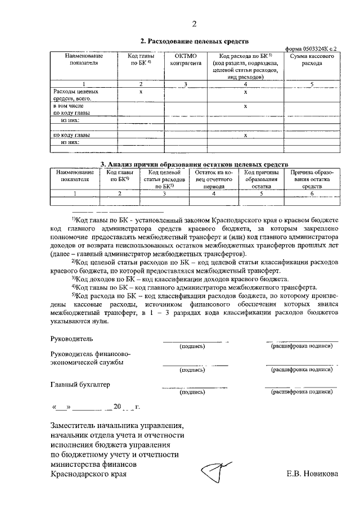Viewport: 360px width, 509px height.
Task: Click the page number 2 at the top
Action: click(x=195, y=24)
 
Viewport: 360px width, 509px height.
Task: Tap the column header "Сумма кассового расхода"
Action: click(x=312, y=60)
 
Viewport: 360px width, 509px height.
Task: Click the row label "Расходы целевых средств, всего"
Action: click(x=75, y=94)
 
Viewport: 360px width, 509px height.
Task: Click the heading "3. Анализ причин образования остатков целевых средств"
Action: click(x=194, y=164)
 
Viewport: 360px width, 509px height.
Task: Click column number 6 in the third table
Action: click(x=312, y=193)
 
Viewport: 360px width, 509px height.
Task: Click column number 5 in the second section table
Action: click(x=312, y=84)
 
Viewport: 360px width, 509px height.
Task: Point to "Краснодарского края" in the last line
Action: click(x=88, y=474)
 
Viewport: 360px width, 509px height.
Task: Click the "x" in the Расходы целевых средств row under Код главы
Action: click(x=141, y=91)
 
